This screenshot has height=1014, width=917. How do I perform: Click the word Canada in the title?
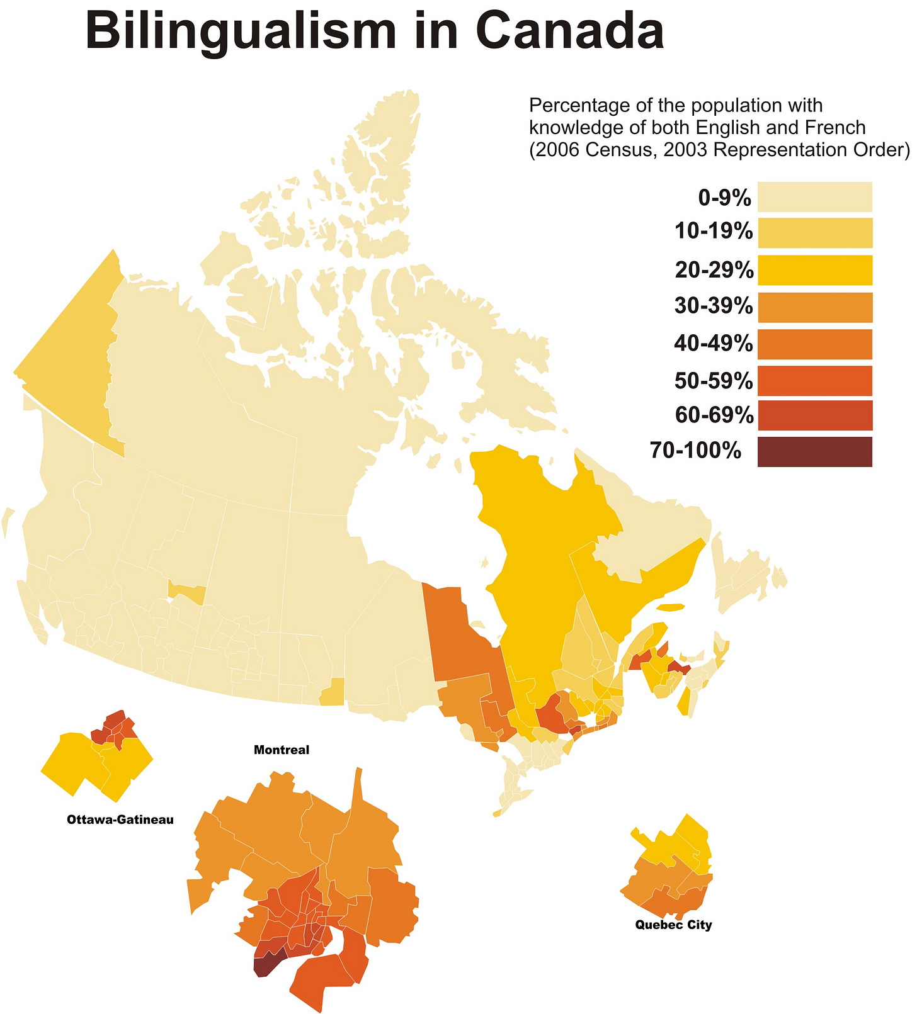click(570, 31)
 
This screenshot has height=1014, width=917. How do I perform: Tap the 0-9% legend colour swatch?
click(814, 197)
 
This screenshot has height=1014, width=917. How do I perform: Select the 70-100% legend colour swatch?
click(814, 451)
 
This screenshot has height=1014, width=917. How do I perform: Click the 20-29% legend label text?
click(714, 270)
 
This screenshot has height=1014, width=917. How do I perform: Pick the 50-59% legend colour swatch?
click(814, 380)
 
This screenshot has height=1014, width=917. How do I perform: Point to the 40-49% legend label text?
click(713, 344)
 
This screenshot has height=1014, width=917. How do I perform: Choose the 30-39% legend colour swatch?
click(814, 307)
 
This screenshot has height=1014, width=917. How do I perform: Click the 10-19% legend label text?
click(713, 232)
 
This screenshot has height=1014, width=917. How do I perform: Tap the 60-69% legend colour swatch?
click(814, 415)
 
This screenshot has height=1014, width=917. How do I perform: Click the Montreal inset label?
click(282, 750)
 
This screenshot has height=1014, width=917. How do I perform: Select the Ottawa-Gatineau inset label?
click(120, 820)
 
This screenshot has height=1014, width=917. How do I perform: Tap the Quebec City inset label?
click(673, 925)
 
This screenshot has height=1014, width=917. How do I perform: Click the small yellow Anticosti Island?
click(669, 607)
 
